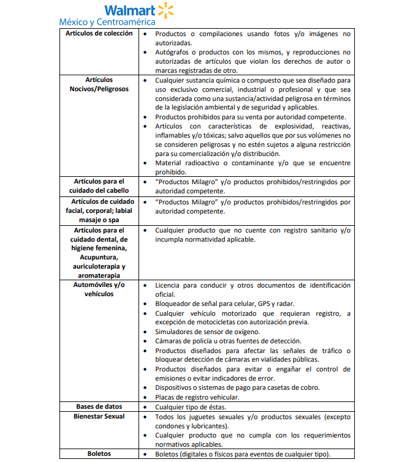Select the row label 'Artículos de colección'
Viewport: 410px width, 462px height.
[x=99, y=33]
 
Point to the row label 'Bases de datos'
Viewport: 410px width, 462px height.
[x=99, y=406]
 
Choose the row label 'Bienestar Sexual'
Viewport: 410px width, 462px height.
[x=99, y=416]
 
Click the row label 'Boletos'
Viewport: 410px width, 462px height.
[x=99, y=453]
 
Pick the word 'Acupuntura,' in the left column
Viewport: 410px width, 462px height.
[x=99, y=258]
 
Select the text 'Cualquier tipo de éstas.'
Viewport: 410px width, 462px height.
[x=191, y=407]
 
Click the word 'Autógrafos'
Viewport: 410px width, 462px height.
[x=174, y=53]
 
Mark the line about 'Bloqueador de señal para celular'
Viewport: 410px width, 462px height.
[x=224, y=304]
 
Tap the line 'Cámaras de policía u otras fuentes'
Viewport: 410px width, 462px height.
[x=228, y=341]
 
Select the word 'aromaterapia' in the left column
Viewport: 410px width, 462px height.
[x=99, y=276]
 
